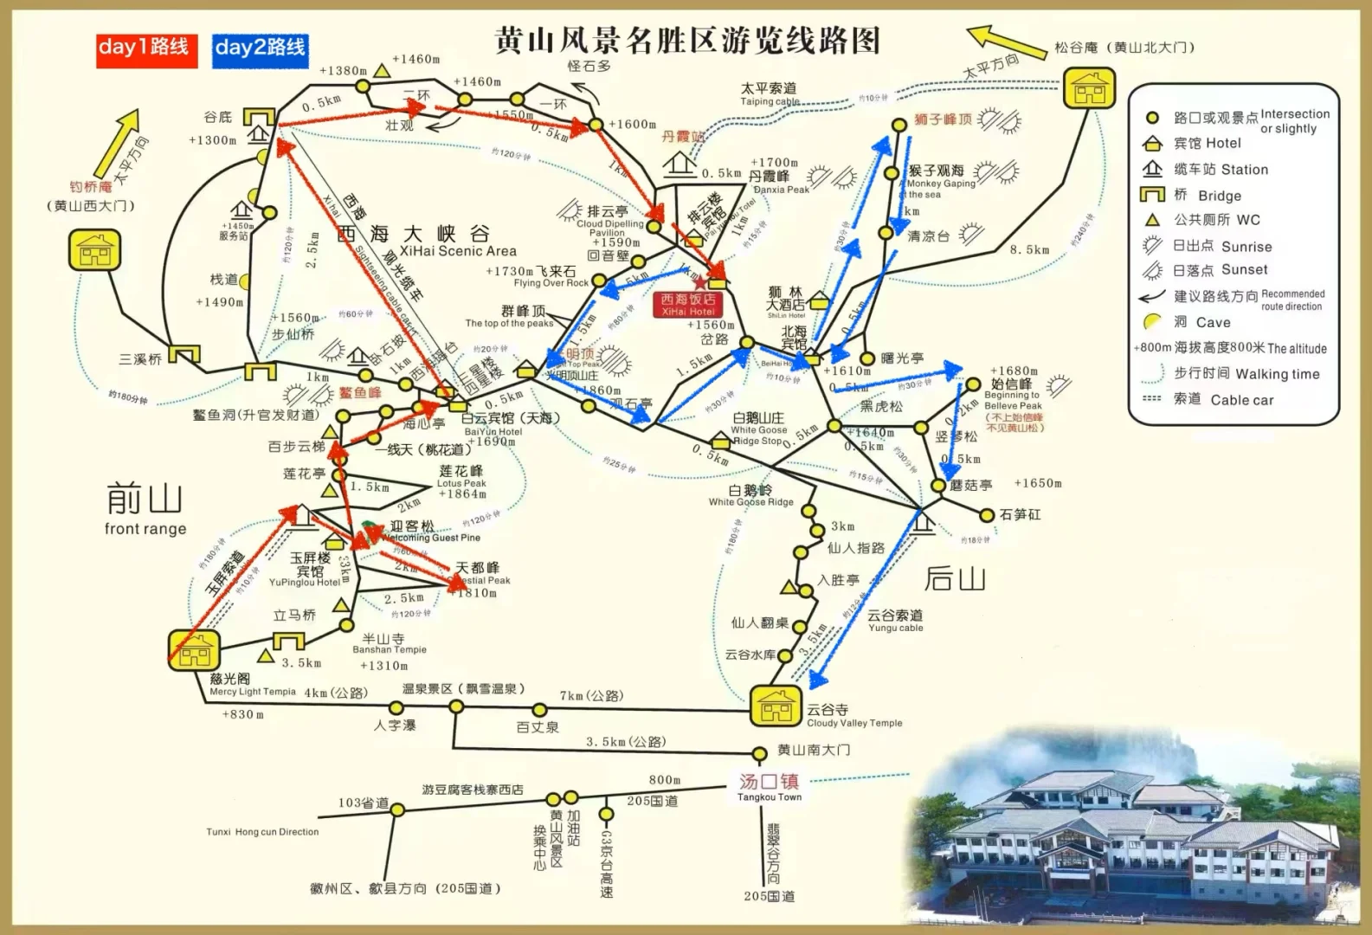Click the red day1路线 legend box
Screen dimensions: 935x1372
(x=145, y=48)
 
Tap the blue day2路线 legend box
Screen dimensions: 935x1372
(x=261, y=48)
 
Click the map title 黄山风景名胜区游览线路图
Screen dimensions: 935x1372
(x=687, y=41)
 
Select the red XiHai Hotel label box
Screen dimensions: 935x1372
(x=688, y=305)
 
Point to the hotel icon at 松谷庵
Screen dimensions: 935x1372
(x=1089, y=87)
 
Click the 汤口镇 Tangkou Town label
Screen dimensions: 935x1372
(x=769, y=786)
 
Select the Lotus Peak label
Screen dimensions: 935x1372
(x=461, y=482)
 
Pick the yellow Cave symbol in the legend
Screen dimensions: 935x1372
(x=1151, y=322)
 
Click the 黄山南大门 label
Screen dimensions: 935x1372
(x=814, y=750)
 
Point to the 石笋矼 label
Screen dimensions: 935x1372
(x=1020, y=515)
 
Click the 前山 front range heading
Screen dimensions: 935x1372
(x=145, y=509)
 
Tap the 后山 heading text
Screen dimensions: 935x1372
(x=955, y=577)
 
